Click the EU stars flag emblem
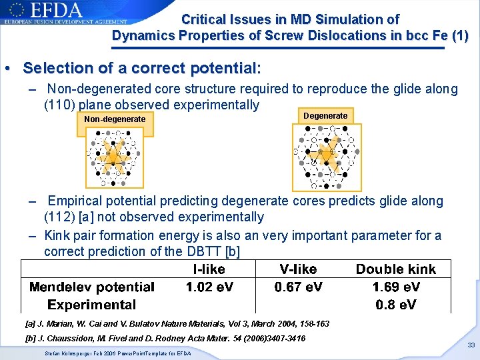point(16,10)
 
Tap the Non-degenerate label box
point(115,120)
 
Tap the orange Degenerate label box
point(325,116)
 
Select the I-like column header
point(209,269)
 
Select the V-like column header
point(298,269)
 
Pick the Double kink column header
point(395,269)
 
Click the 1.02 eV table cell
point(209,287)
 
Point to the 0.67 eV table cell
point(298,287)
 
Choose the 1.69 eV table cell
point(395,287)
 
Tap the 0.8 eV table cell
point(395,305)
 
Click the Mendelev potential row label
point(92,287)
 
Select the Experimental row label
point(92,305)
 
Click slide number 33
point(471,345)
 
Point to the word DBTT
point(203,251)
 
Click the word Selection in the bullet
point(55,68)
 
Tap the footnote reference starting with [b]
point(165,339)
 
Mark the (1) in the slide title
point(460,36)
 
